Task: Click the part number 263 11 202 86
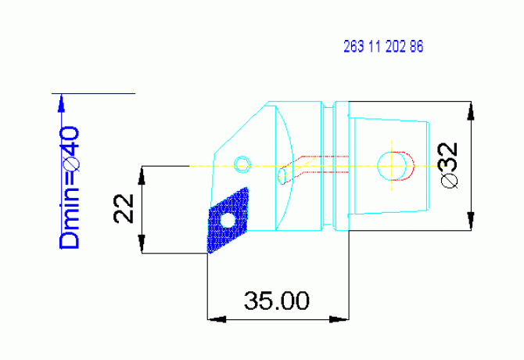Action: (383, 47)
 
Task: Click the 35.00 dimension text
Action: (276, 301)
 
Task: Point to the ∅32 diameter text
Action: (448, 165)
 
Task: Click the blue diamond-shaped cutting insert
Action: (228, 221)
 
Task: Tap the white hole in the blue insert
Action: (228, 221)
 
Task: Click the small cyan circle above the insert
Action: (243, 164)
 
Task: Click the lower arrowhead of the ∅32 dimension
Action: (470, 221)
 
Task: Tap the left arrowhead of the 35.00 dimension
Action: (215, 319)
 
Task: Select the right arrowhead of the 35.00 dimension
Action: (339, 319)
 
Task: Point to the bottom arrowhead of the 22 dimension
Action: (142, 244)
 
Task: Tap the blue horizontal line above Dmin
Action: (98, 93)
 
